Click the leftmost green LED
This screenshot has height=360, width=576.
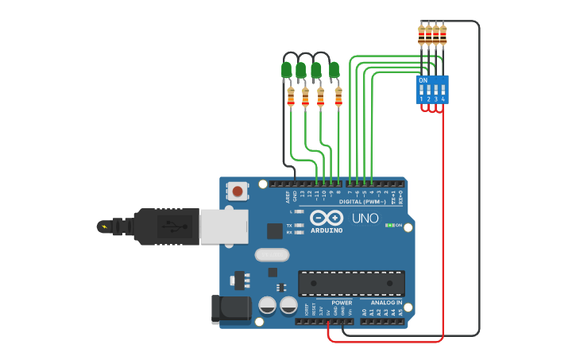click(287, 70)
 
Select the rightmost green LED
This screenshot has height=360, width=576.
click(334, 70)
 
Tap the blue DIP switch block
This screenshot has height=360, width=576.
click(432, 89)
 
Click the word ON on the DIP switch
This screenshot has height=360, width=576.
click(423, 80)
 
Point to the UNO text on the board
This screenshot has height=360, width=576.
click(365, 218)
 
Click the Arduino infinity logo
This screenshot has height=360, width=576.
click(327, 218)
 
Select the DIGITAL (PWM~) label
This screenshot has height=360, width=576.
click(362, 202)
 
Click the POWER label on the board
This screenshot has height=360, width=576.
click(342, 303)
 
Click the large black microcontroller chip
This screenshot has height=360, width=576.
click(351, 283)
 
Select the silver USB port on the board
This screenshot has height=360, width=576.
click(223, 226)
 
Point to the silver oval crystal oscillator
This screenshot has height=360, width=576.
click(273, 255)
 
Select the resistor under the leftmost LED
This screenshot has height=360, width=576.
click(291, 97)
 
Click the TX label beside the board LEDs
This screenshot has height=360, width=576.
click(289, 225)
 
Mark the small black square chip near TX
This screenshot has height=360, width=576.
click(275, 230)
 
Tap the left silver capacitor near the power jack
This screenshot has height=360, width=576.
click(268, 305)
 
